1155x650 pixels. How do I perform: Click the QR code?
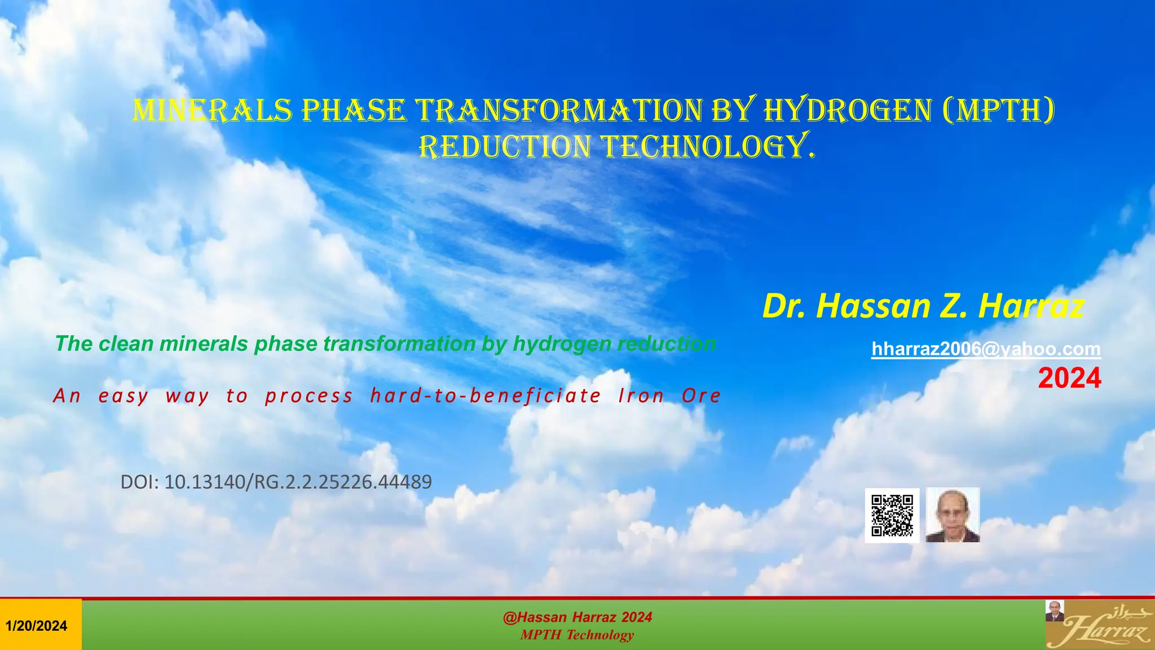(x=892, y=515)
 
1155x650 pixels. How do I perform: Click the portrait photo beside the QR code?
(x=953, y=515)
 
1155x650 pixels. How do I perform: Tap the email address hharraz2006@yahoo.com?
(x=986, y=349)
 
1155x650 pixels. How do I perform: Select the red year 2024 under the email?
(x=1069, y=378)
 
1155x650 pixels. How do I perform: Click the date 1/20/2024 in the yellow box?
(x=37, y=626)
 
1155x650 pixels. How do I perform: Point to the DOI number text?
(x=276, y=482)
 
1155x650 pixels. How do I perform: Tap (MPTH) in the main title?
(x=998, y=111)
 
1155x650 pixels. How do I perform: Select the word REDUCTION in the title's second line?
(x=505, y=147)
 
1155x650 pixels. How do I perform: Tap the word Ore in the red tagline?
(x=701, y=396)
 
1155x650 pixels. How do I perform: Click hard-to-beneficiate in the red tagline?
(x=486, y=396)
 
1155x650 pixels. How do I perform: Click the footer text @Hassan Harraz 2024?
(x=577, y=617)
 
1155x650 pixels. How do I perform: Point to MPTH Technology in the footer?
(x=577, y=635)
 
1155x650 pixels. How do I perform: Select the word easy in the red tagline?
(x=124, y=396)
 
